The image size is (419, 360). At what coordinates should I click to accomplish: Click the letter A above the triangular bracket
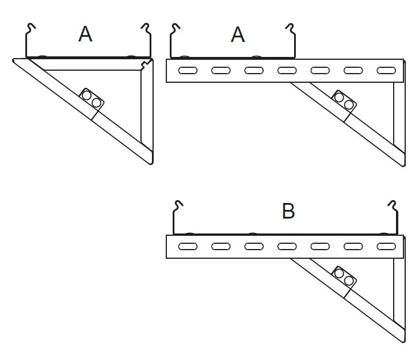pyautogui.click(x=85, y=35)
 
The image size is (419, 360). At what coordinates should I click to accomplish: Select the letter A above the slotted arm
pyautogui.click(x=238, y=35)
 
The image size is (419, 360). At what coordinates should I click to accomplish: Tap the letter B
pyautogui.click(x=288, y=212)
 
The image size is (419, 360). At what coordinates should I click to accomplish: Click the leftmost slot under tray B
pyautogui.click(x=188, y=247)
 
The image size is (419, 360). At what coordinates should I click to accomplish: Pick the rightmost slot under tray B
pyautogui.click(x=386, y=247)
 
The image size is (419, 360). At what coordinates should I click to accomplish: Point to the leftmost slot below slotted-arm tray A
pyautogui.click(x=188, y=71)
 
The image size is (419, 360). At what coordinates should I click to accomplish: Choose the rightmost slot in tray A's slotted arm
pyautogui.click(x=386, y=71)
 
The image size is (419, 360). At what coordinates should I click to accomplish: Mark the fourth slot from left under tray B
pyautogui.click(x=287, y=247)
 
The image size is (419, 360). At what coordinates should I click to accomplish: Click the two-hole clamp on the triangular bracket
pyautogui.click(x=92, y=99)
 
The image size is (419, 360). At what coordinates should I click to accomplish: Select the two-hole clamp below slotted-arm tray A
pyautogui.click(x=344, y=101)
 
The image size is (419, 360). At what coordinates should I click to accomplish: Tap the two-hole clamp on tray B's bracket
pyautogui.click(x=344, y=277)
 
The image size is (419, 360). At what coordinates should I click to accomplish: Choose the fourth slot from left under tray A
pyautogui.click(x=287, y=71)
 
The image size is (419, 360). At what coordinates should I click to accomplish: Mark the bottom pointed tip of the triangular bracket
pyautogui.click(x=151, y=163)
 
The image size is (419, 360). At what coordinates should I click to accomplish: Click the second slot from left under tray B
pyautogui.click(x=220, y=247)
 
